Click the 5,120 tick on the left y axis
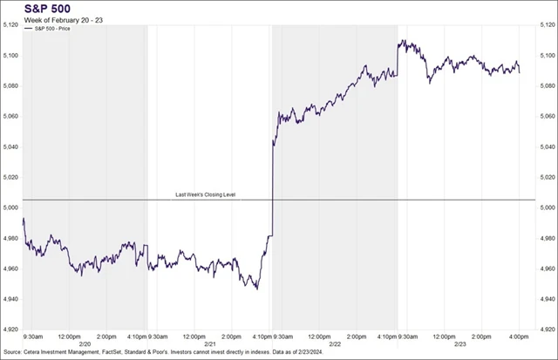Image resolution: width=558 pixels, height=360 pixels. pyautogui.click(x=10, y=25)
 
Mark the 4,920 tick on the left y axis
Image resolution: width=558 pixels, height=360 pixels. pyautogui.click(x=10, y=329)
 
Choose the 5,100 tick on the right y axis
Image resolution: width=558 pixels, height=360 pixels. pyautogui.click(x=547, y=56)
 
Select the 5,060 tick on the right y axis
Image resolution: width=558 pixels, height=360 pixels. pyautogui.click(x=547, y=116)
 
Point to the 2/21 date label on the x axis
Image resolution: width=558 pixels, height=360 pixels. pyautogui.click(x=210, y=343)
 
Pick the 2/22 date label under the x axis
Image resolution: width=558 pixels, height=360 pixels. pyautogui.click(x=335, y=343)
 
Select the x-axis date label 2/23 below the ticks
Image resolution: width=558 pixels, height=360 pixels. pyautogui.click(x=460, y=343)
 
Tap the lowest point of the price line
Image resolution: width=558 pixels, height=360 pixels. pyautogui.click(x=256, y=289)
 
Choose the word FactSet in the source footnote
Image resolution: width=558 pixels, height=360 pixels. pyautogui.click(x=120, y=354)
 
